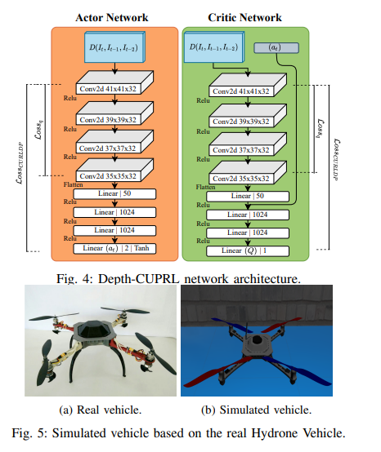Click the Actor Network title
[112, 18]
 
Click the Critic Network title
[244, 18]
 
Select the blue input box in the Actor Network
[114, 47]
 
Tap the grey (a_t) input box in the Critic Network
[276, 48]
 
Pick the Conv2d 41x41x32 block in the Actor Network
[114, 82]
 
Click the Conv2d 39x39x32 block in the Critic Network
[248, 115]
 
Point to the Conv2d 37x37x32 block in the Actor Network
[114, 142]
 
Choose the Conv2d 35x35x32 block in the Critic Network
[248, 172]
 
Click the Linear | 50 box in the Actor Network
[114, 193]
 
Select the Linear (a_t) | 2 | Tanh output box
[114, 249]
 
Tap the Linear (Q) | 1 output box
[248, 250]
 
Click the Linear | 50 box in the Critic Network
[248, 197]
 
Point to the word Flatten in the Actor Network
[73, 184]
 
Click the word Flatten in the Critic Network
[205, 187]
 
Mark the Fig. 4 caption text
[178, 279]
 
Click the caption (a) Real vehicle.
[101, 410]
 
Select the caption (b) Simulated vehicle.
[256, 410]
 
